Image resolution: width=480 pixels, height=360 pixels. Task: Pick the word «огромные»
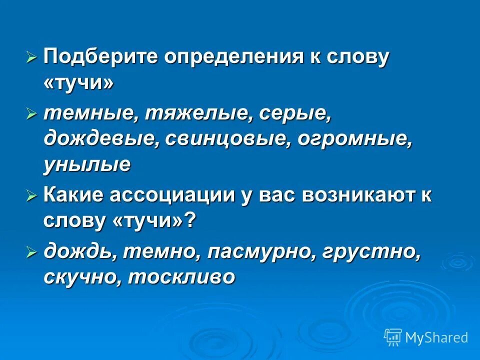[355, 139]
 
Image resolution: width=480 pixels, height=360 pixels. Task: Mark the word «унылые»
[87, 164]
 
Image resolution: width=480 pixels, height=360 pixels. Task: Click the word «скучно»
[81, 276]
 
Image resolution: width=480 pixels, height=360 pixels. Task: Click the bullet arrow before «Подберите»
[31, 58]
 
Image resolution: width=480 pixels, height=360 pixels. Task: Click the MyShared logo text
[436, 337]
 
